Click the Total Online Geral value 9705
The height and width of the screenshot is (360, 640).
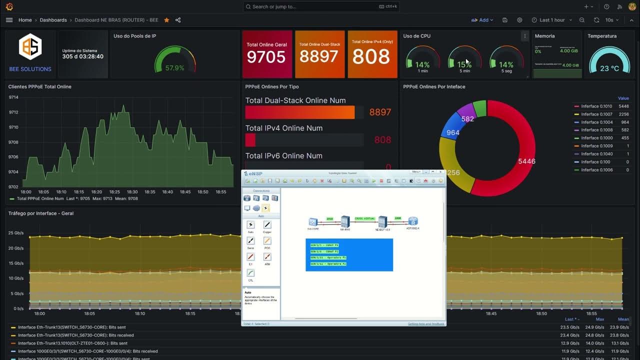coord(266,57)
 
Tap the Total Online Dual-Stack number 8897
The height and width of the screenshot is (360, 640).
coord(319,56)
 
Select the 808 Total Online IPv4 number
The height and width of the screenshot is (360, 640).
coord(371,56)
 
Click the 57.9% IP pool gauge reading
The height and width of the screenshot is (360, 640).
coord(174,68)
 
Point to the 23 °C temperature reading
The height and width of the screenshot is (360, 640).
coord(609,68)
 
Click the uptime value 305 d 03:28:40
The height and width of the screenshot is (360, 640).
coord(83,56)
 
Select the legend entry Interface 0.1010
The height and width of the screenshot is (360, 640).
coord(596,106)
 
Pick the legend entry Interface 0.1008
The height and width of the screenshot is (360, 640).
coord(596,130)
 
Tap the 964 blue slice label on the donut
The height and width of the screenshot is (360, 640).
coord(453,132)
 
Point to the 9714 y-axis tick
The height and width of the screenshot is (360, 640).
coord(13,97)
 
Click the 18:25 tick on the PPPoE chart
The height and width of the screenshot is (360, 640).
coord(114,192)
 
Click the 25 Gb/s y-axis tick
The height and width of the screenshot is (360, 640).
coord(15,233)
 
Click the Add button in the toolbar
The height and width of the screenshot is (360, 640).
coord(482,20)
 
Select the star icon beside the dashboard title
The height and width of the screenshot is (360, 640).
coord(166,20)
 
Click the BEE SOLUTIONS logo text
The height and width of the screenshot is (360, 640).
coord(30,69)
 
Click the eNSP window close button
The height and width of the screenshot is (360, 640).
coord(440,172)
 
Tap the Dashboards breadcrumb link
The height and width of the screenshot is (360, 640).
coord(53,20)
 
